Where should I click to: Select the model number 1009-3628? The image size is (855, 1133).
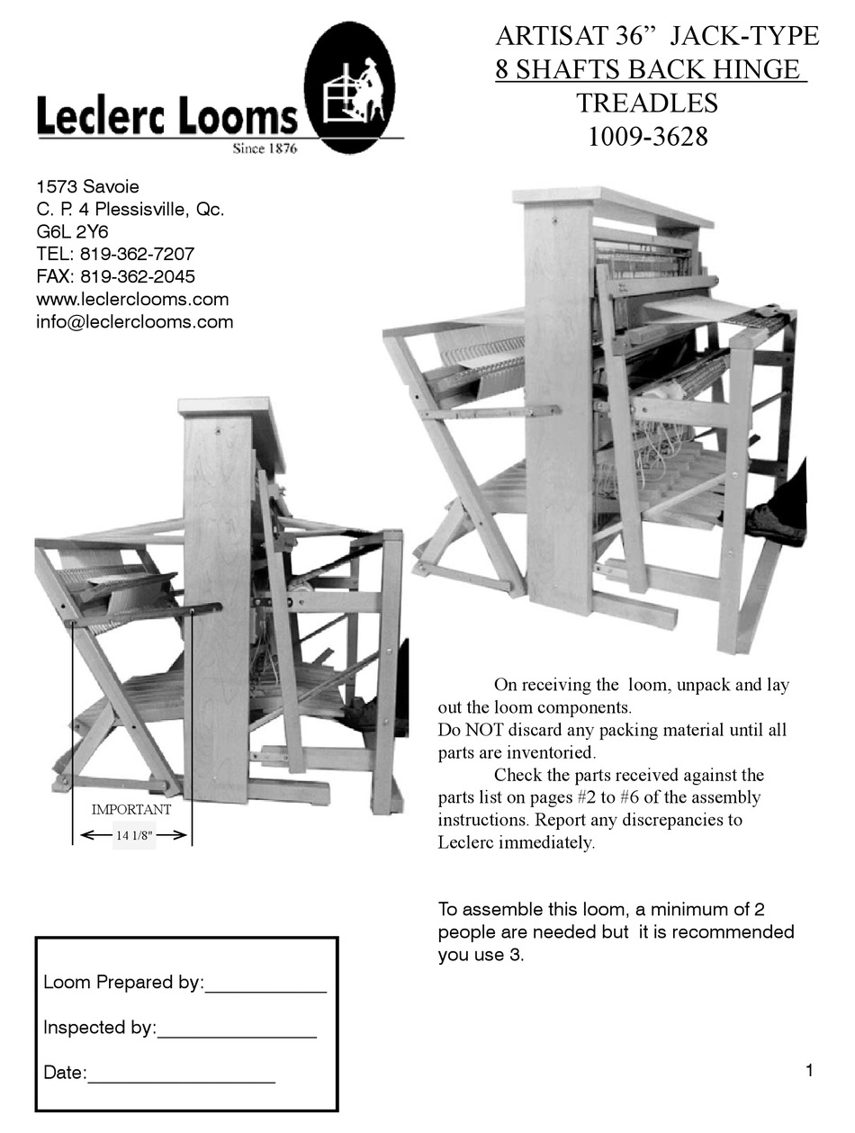[x=647, y=137]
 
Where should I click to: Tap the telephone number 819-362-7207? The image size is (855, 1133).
[x=137, y=254]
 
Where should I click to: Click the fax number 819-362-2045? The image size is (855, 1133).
[x=137, y=276]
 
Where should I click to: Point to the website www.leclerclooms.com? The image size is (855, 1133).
[x=132, y=299]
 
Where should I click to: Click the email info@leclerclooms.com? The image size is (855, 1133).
[x=134, y=321]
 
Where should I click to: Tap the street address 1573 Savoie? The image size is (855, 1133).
[x=87, y=187]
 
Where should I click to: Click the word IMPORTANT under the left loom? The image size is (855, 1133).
[x=131, y=809]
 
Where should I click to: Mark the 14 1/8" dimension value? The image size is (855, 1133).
[x=134, y=835]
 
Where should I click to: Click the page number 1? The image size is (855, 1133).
[x=809, y=1070]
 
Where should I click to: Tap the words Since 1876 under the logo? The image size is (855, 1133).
[x=265, y=148]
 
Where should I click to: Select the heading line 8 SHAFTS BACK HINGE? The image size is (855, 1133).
[x=650, y=69]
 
